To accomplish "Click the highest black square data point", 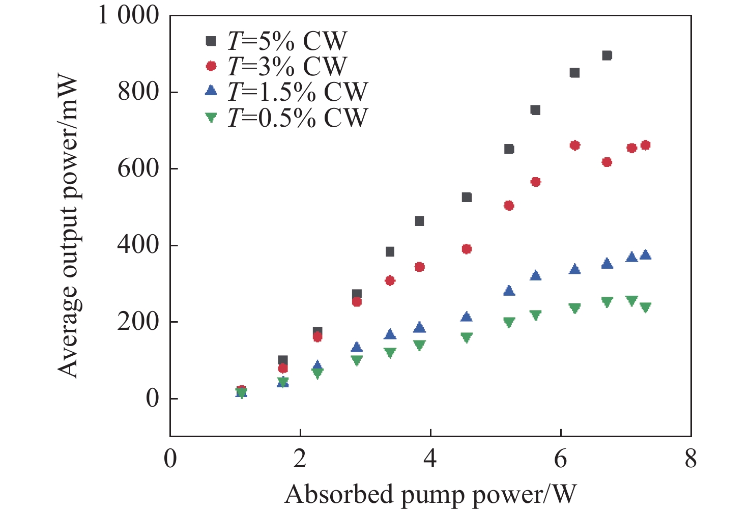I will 606,55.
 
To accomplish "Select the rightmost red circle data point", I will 645,146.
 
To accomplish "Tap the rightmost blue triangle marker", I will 645,255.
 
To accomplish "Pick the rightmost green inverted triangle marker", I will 645,307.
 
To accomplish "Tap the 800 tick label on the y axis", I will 138,92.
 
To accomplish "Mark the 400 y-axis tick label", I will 138,245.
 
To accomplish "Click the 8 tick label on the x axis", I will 690,459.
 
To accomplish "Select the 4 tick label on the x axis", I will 430,459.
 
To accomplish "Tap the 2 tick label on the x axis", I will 300,459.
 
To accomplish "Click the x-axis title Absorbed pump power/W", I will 430,494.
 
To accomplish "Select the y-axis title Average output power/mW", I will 68,227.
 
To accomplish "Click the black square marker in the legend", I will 211,41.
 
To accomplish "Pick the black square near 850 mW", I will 574,73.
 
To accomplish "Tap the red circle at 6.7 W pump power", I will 606,162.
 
